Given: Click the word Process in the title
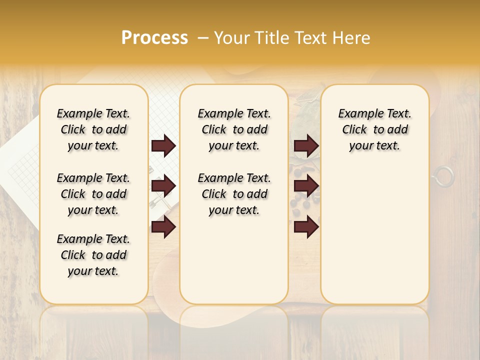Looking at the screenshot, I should click(154, 38).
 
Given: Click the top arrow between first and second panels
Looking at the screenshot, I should click(163, 146).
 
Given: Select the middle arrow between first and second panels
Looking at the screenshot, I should click(163, 186).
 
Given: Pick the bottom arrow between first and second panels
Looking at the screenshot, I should click(163, 226).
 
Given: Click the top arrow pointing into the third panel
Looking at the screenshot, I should click(306, 146).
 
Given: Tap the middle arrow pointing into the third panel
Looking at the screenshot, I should click(306, 186).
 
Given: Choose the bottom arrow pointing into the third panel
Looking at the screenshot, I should click(306, 226).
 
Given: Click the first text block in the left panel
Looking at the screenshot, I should click(93, 129).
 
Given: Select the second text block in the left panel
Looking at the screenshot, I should click(93, 194).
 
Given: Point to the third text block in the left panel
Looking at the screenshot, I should click(93, 255).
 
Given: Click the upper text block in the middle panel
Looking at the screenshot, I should click(234, 129).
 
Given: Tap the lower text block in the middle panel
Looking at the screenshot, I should click(234, 194).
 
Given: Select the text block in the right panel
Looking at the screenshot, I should click(374, 129).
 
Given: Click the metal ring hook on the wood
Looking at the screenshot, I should click(443, 176).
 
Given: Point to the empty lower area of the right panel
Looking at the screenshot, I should click(374, 235).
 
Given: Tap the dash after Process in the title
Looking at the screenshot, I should click(203, 38).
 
